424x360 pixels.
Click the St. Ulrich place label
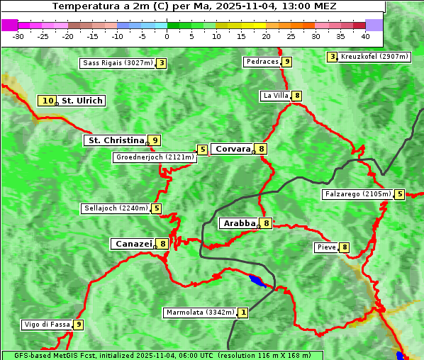click(82, 101)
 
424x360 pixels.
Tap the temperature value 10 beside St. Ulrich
click(48, 101)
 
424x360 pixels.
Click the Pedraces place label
click(262, 62)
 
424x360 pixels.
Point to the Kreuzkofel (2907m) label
click(374, 56)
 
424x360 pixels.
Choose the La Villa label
click(275, 96)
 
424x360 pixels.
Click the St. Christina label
click(115, 140)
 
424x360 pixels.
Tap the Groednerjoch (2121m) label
click(155, 157)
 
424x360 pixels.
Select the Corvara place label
click(233, 149)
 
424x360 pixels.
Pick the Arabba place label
click(239, 223)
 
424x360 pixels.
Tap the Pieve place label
click(326, 247)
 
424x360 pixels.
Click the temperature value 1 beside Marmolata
click(243, 313)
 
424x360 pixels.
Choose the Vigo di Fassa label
click(48, 325)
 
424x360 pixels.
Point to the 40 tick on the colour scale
click(365, 35)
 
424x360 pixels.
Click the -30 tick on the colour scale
click(18, 35)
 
